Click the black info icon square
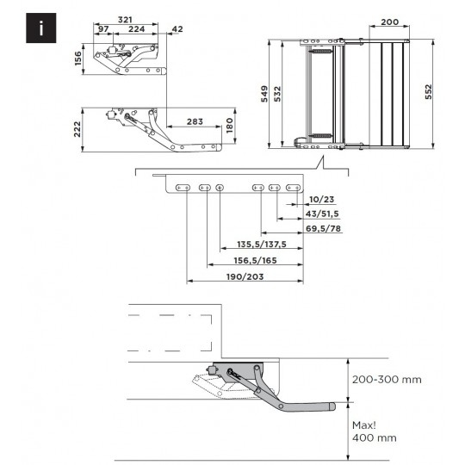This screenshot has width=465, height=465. click(x=41, y=28)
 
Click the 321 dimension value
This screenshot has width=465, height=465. click(x=125, y=20)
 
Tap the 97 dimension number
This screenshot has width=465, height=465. click(x=103, y=29)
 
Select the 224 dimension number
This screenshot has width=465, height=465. click(x=136, y=29)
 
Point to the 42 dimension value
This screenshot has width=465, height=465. click(x=177, y=29)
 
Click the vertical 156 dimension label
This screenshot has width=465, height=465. click(x=77, y=59)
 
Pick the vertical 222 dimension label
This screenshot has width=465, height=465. click(x=77, y=129)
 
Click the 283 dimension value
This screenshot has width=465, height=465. click(x=195, y=121)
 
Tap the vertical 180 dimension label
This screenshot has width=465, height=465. click(x=230, y=126)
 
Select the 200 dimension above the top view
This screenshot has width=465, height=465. click(x=389, y=22)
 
